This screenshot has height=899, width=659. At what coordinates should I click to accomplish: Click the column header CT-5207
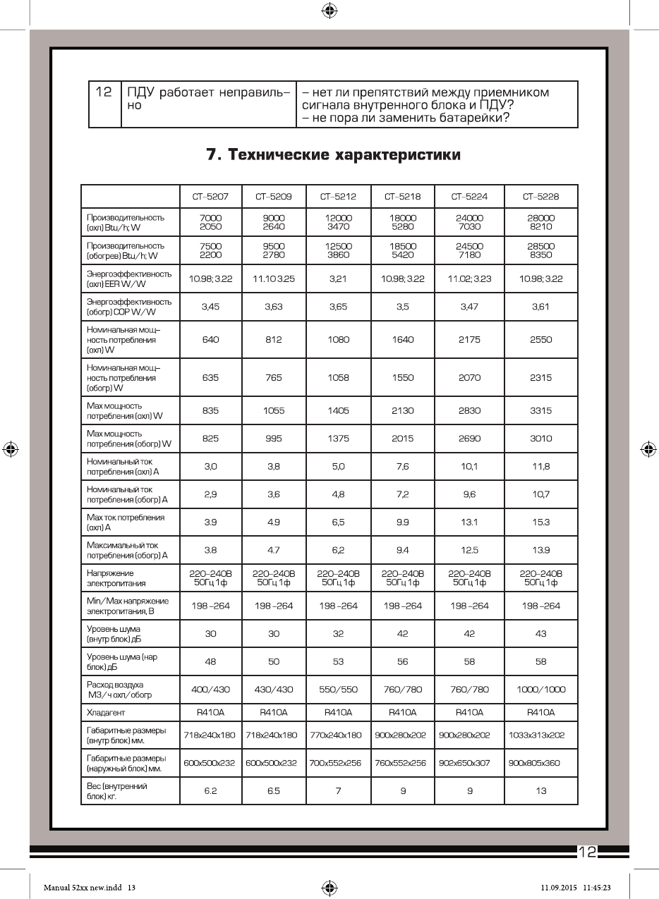click(x=210, y=196)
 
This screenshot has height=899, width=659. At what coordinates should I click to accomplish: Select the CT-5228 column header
click(x=541, y=196)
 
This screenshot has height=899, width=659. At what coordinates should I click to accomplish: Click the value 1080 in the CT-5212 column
click(x=338, y=339)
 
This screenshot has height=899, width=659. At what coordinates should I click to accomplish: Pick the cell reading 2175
click(x=469, y=339)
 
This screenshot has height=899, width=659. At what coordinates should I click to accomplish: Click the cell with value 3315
click(x=541, y=410)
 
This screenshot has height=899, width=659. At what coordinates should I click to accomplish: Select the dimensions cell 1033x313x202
click(x=541, y=735)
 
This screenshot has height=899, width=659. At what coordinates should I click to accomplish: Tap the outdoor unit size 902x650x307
click(x=469, y=763)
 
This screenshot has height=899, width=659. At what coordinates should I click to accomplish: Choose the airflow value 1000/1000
click(x=541, y=690)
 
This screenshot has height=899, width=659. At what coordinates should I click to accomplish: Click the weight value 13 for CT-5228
click(x=541, y=790)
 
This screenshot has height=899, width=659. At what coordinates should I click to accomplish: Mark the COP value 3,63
click(x=274, y=307)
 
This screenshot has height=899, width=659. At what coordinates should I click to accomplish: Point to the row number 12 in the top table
click(x=104, y=92)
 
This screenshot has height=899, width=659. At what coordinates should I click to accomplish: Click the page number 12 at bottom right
click(x=587, y=852)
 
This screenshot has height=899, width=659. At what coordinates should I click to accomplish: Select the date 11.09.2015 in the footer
click(x=560, y=887)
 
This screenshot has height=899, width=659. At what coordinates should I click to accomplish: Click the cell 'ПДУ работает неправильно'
click(x=208, y=99)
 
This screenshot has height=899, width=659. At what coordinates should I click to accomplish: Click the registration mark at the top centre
click(x=329, y=10)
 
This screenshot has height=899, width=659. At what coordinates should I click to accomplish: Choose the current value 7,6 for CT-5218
click(x=402, y=466)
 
